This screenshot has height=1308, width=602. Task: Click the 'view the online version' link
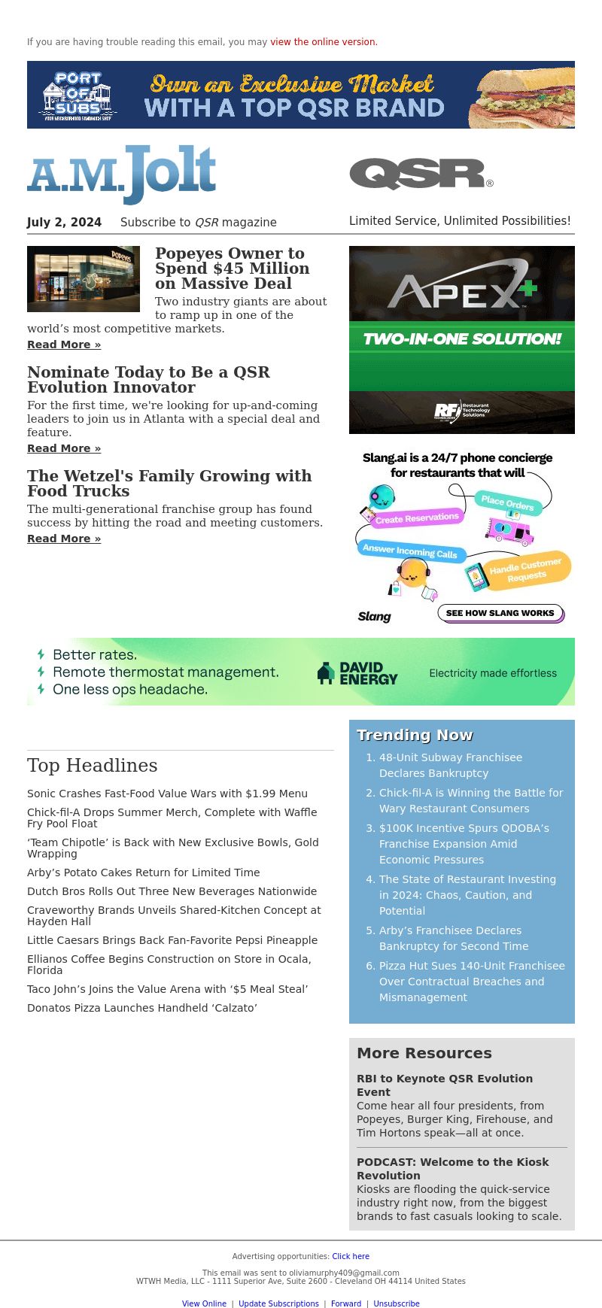(324, 42)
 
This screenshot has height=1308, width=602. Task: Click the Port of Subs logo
(78, 96)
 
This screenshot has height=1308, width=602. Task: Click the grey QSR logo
(421, 174)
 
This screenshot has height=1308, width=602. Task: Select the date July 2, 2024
(64, 222)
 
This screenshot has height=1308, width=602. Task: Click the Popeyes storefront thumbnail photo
(84, 279)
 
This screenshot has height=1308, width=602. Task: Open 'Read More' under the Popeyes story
(64, 344)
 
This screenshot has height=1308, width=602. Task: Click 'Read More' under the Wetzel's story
(64, 539)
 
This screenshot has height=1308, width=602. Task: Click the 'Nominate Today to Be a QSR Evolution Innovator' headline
(148, 380)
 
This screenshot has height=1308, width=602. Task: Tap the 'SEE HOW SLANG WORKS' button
(500, 613)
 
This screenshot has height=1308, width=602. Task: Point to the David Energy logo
(357, 673)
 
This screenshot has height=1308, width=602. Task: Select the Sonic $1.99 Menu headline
(167, 794)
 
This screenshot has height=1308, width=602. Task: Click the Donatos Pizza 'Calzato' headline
(142, 1008)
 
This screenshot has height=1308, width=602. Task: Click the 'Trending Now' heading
(415, 735)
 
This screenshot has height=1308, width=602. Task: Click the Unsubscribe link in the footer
(397, 1303)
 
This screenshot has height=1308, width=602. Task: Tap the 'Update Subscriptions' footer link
(278, 1303)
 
